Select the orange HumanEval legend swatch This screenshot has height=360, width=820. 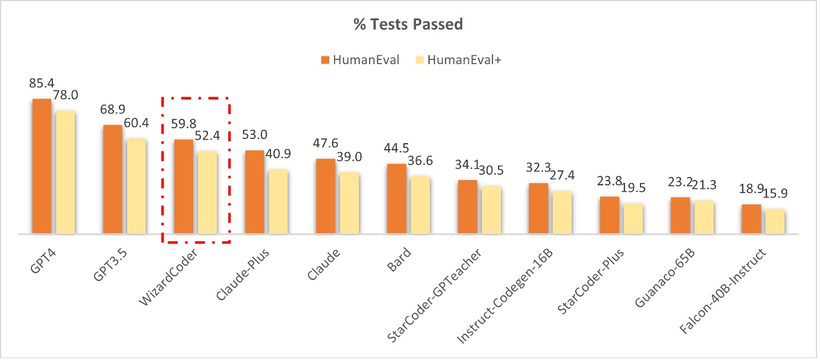(x=324, y=59)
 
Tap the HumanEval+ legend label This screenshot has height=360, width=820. (x=462, y=59)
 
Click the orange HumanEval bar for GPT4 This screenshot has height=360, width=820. (x=42, y=166)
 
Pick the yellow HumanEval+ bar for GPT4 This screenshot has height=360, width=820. (x=65, y=172)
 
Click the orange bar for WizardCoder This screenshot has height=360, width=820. (x=183, y=187)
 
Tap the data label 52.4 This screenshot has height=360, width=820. (x=207, y=135)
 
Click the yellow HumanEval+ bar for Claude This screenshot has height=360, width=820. (x=349, y=203)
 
